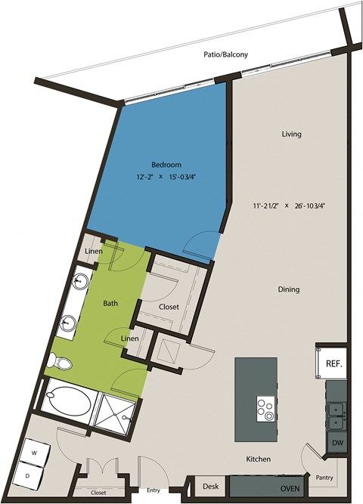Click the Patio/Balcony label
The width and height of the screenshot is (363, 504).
click(225, 54)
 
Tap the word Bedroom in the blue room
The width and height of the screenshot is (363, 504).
click(164, 165)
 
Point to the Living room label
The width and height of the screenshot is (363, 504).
click(291, 134)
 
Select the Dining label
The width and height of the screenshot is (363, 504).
click(288, 289)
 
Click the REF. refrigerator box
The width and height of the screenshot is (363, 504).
click(334, 363)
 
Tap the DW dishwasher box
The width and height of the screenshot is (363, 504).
click(336, 443)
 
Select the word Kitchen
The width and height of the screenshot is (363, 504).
click(258, 459)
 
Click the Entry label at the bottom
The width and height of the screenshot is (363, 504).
click(154, 491)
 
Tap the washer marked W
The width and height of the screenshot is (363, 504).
click(34, 453)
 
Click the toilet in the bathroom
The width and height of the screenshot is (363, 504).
click(60, 363)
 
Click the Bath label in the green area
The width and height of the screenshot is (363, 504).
click(110, 303)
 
